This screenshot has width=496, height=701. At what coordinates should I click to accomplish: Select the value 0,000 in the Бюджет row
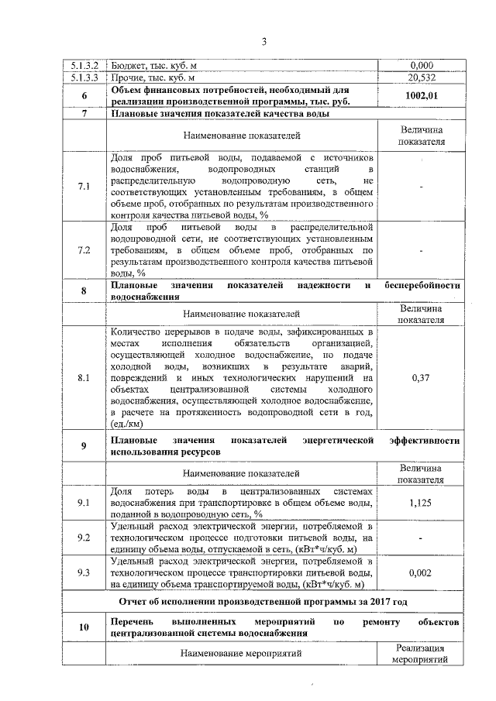point(422,66)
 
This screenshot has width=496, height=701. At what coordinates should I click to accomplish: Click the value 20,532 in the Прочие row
point(422,77)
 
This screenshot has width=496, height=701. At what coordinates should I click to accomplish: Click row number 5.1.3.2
point(84,66)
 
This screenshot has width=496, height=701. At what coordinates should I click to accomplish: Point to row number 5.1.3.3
point(84,77)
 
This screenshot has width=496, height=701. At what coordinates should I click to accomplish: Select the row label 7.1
point(84,187)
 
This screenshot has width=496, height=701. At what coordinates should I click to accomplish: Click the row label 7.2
point(84,250)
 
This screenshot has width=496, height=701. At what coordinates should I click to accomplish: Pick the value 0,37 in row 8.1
point(422,376)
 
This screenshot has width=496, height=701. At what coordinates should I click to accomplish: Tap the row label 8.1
point(84,376)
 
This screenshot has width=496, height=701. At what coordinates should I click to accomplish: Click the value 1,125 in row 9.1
point(422,502)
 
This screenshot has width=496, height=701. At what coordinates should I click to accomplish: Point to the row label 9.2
point(84,537)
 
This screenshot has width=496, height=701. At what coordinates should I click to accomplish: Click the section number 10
point(84,627)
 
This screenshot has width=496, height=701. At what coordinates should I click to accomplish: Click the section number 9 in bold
point(84,445)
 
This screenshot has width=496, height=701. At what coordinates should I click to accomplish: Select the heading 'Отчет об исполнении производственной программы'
point(263,601)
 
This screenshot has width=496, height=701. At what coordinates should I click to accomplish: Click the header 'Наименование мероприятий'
point(241,655)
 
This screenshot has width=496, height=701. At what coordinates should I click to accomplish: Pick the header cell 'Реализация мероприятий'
point(422,655)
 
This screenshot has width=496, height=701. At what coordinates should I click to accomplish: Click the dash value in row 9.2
point(422,538)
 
